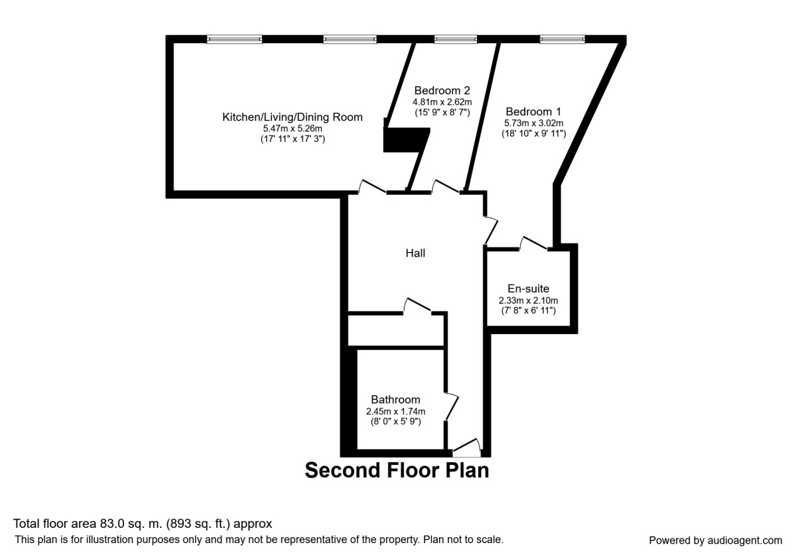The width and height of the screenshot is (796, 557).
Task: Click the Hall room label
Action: (415, 253)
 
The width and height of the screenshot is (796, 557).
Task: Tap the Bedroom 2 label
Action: (442, 90)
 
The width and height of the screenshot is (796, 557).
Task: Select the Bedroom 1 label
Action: (533, 111)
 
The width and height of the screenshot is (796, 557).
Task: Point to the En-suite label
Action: (528, 288)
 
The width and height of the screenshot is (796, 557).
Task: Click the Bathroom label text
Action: (395, 400)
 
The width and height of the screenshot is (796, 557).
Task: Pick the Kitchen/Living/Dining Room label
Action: (293, 117)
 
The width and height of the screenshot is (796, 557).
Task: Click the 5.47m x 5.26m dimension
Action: (293, 129)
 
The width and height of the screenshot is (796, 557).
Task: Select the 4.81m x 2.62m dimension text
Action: (442, 102)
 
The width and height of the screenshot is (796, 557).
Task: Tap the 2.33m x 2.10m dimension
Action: (528, 300)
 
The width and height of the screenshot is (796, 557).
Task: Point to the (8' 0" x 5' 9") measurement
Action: (395, 422)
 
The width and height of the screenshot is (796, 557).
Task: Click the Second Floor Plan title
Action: (397, 470)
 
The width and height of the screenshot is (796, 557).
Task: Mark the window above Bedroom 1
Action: (563, 39)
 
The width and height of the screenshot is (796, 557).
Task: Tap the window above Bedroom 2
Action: (456, 39)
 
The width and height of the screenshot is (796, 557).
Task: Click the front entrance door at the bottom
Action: (466, 448)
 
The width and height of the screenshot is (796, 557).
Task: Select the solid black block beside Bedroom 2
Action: (406, 140)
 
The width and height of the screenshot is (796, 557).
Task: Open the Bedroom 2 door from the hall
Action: (446, 187)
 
